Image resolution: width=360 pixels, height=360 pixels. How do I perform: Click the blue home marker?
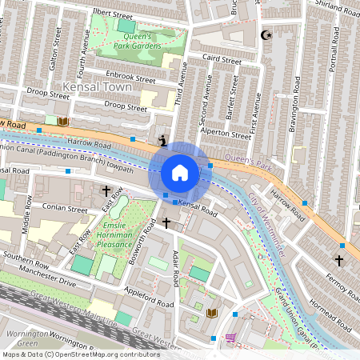point(180,172)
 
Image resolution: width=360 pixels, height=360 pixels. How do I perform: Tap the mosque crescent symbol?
point(266,36)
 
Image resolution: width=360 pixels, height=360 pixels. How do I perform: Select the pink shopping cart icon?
point(231,338)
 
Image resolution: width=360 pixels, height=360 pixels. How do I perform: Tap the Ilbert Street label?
point(112,14)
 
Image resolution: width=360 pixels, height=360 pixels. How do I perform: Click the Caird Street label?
point(222,60)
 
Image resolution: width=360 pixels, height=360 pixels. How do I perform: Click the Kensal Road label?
point(198,210)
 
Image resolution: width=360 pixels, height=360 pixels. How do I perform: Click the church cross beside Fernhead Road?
point(339,260)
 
